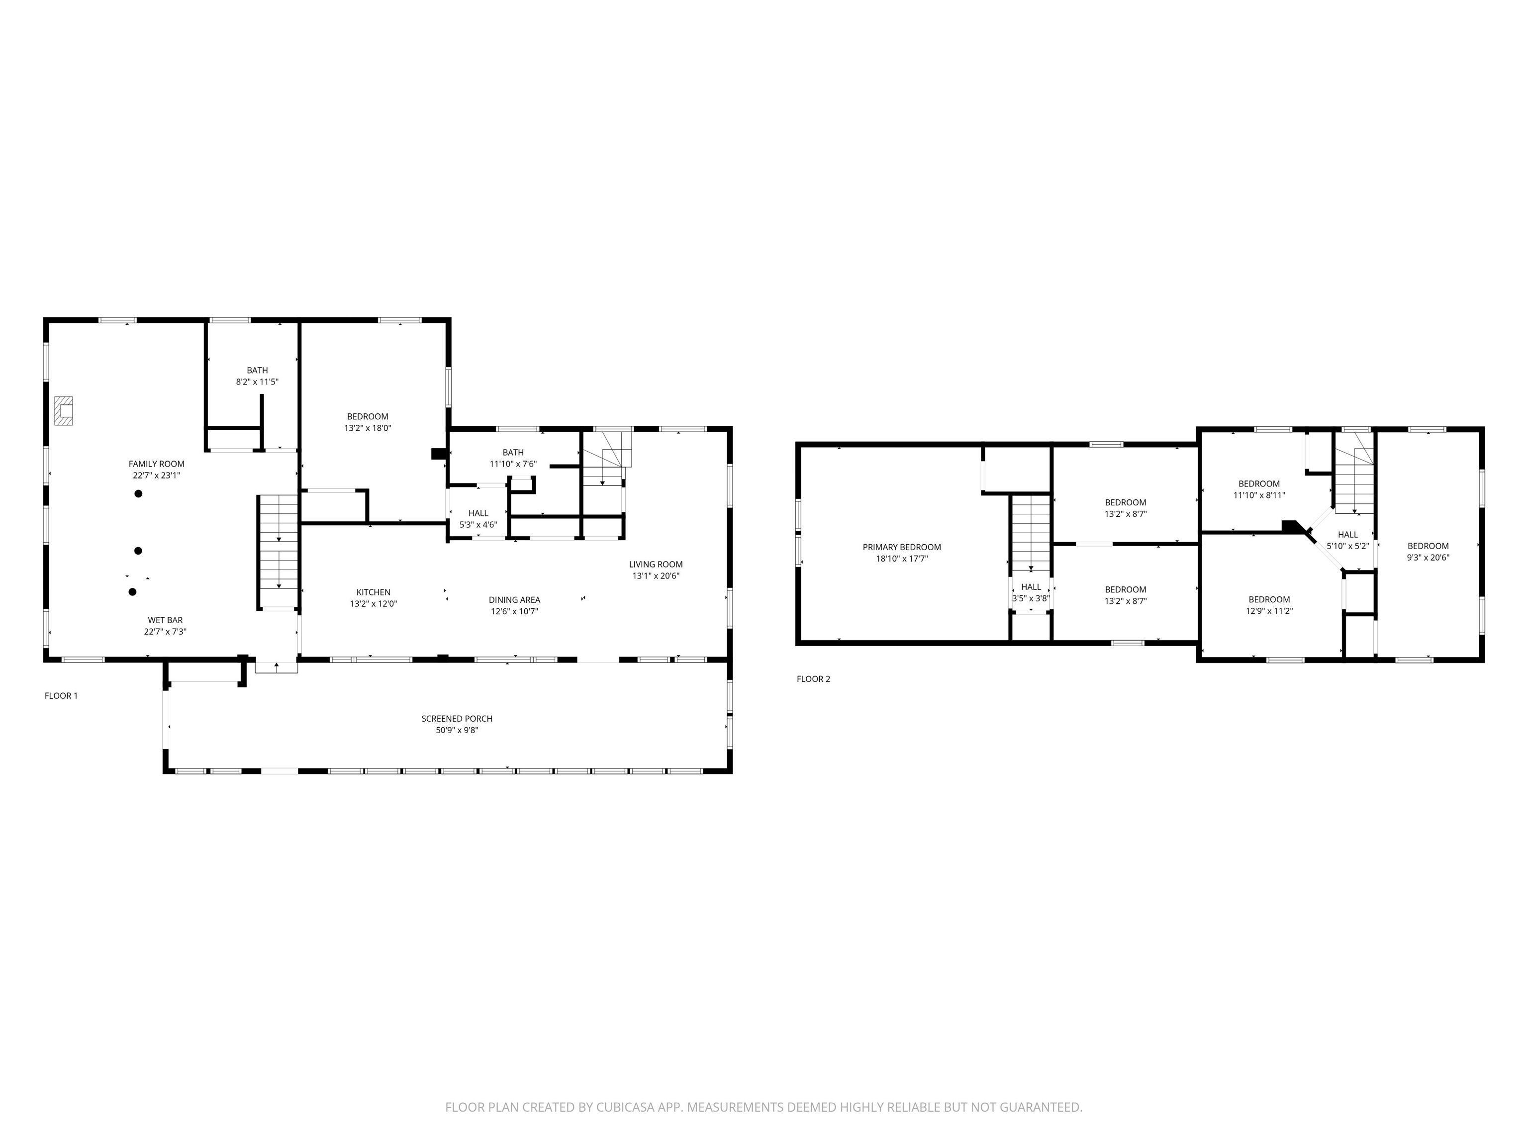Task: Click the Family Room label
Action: point(156,464)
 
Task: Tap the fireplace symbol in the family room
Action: point(64,410)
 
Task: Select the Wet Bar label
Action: point(165,620)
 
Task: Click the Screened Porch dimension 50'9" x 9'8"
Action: point(457,730)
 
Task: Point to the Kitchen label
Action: point(373,592)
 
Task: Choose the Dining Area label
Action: point(514,599)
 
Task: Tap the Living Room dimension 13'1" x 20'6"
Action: point(656,575)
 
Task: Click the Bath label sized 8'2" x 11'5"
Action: point(257,370)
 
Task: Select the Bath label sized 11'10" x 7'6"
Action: point(512,453)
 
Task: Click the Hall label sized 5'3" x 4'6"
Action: point(478,513)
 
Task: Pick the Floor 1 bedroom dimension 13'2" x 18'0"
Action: point(368,428)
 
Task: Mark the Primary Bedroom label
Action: point(901,547)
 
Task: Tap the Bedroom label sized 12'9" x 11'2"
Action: point(1269,599)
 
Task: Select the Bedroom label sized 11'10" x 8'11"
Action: point(1258,483)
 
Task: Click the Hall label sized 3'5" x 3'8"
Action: point(1031,587)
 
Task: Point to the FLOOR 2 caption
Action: point(813,679)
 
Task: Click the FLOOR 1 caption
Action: point(61,696)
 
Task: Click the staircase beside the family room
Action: point(279,551)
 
